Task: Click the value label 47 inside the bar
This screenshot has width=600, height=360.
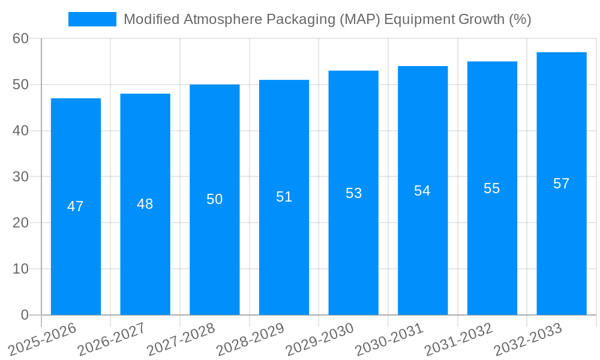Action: coord(76,206)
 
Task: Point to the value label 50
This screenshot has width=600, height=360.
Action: coord(215,199)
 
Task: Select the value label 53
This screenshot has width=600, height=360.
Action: coord(353,193)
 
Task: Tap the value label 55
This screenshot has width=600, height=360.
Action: coord(491,188)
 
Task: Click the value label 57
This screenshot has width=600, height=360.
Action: coord(561,184)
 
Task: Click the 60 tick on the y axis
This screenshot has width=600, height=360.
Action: coord(20,38)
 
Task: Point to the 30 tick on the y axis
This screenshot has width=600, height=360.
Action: coord(20,176)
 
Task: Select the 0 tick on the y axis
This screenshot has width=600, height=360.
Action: coord(25,315)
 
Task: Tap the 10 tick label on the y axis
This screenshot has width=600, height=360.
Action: coord(20,269)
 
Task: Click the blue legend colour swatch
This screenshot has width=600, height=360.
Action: coord(92,19)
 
